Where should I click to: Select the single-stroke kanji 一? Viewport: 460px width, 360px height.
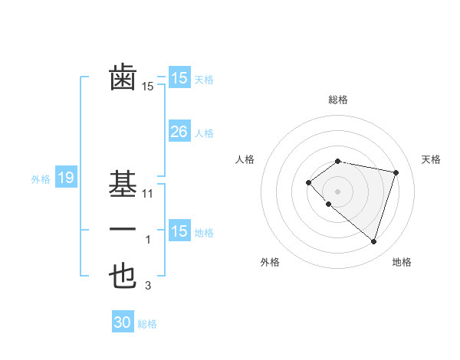coord(123,230)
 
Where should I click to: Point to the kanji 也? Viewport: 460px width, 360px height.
coord(123,277)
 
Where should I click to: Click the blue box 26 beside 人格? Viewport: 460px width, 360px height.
coord(179,132)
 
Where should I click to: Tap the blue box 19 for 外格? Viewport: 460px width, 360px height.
coord(65,178)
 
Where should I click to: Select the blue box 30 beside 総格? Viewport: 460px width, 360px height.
coord(123,322)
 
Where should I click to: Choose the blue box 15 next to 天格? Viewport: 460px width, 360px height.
coord(179,78)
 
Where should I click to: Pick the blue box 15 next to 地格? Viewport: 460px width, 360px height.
coord(179,231)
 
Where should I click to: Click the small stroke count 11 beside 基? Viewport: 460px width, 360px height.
coord(148,194)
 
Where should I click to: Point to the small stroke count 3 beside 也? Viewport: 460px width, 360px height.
coord(148,286)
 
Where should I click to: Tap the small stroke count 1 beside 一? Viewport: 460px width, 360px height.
coord(148,241)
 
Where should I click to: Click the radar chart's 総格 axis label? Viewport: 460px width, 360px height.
coord(338,100)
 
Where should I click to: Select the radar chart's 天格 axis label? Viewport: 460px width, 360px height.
coord(431,159)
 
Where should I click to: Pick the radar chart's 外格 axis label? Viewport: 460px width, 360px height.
coord(270,262)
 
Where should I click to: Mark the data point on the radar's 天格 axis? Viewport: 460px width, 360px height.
coord(396,172)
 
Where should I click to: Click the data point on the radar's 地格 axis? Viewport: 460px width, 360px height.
coord(373,242)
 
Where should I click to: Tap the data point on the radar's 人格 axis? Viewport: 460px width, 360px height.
coord(308,182)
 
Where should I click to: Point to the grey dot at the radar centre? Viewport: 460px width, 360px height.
coord(338,191)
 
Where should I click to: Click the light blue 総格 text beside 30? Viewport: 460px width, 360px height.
coord(147,324)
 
